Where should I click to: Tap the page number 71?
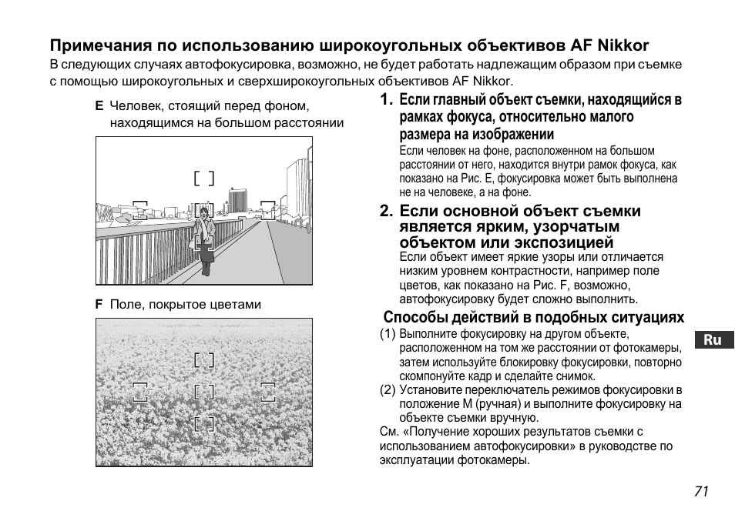pyautogui.click(x=700, y=493)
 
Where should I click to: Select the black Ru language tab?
pyautogui.click(x=713, y=340)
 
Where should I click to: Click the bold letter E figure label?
pyautogui.click(x=99, y=105)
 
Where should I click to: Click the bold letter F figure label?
pyautogui.click(x=99, y=305)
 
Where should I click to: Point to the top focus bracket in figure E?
pyautogui.click(x=204, y=179)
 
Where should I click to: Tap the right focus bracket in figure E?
pyautogui.click(x=267, y=209)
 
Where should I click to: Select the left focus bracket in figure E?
pyautogui.click(x=139, y=210)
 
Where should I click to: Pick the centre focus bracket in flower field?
pyautogui.click(x=204, y=392)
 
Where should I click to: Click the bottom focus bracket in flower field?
pyautogui.click(x=204, y=423)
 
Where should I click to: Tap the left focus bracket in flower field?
pyautogui.click(x=139, y=392)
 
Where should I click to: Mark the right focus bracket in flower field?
pyautogui.click(x=268, y=392)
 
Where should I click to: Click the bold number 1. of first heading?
pyautogui.click(x=386, y=100)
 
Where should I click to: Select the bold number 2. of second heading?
pyautogui.click(x=386, y=212)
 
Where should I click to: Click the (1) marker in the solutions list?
pyautogui.click(x=388, y=335)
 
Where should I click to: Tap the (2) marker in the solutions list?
pyautogui.click(x=388, y=390)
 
